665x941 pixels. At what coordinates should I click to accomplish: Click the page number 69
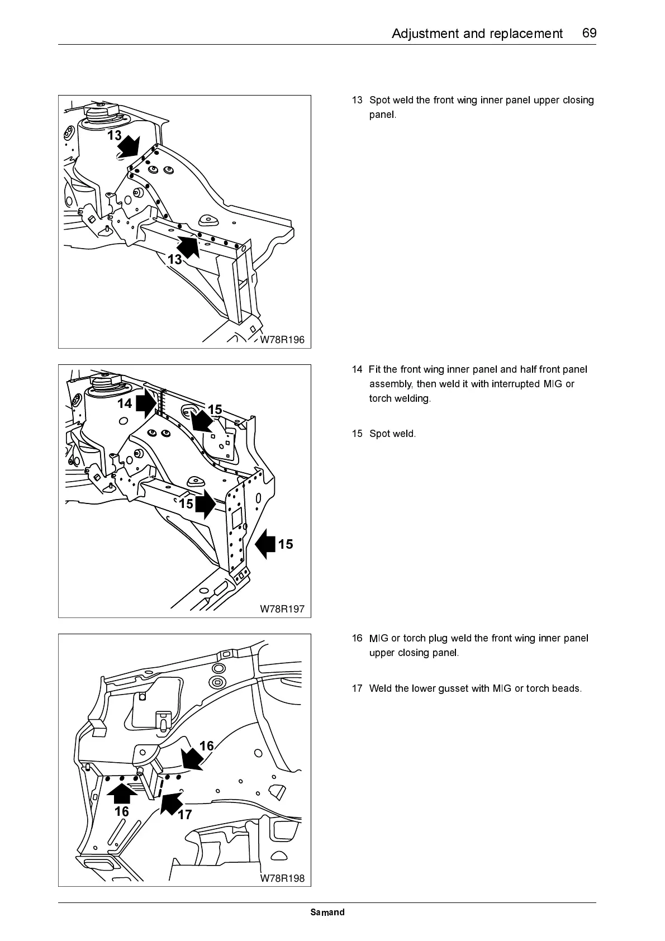[x=589, y=33]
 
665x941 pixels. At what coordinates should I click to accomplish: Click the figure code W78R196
[x=282, y=340]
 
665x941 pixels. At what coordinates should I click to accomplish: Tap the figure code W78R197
[x=282, y=609]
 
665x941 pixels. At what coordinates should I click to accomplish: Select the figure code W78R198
[x=282, y=878]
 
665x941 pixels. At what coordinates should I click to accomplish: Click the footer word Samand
[x=327, y=913]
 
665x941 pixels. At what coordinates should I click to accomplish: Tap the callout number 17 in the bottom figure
[x=185, y=815]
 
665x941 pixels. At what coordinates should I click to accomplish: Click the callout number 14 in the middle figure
[x=125, y=403]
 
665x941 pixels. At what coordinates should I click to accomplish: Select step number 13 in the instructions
[x=357, y=101]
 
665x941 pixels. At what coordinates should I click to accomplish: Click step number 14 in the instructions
[x=357, y=369]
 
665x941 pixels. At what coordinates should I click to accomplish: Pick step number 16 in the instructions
[x=357, y=638]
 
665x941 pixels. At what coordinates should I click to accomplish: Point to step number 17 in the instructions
[x=357, y=688]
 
